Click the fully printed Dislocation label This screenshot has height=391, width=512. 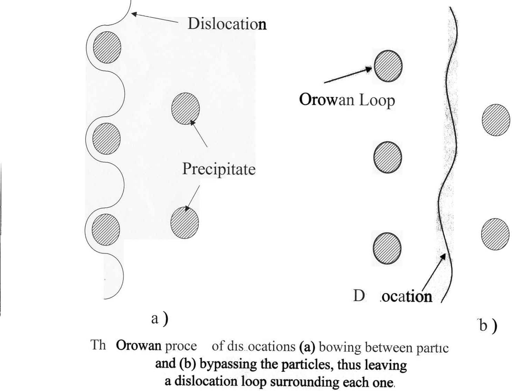[x=227, y=24]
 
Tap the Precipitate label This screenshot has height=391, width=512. [x=219, y=169]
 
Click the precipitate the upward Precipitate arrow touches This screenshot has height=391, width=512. [x=185, y=108]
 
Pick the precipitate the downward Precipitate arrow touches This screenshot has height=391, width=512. [x=185, y=223]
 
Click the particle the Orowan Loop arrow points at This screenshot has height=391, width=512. [x=388, y=66]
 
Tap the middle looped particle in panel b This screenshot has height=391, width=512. [x=388, y=157]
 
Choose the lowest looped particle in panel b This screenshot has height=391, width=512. [x=387, y=248]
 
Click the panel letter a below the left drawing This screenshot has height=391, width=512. [x=155, y=318]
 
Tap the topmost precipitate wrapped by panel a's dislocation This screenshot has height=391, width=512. [x=107, y=47]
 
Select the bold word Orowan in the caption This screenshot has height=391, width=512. [x=139, y=346]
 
